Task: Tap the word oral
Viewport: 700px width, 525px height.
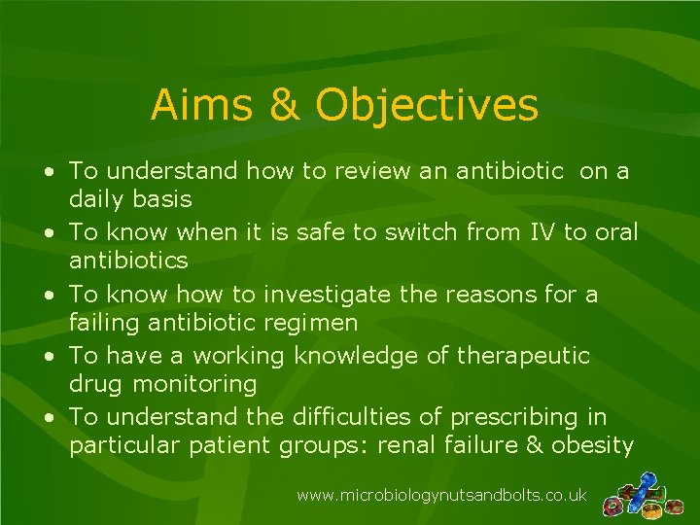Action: (612, 233)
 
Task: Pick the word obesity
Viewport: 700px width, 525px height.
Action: (593, 445)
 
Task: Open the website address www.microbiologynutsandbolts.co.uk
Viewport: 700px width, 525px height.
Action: (441, 496)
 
